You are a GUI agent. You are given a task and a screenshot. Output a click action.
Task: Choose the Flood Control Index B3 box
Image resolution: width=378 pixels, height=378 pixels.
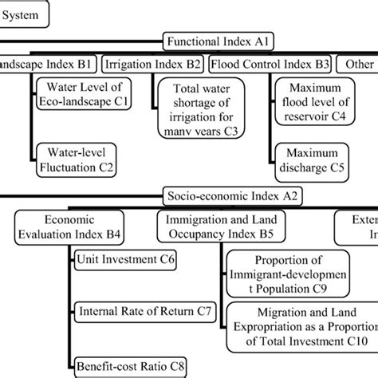(269, 64)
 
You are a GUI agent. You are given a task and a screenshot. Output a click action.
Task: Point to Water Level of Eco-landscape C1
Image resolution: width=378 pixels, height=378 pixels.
(87, 94)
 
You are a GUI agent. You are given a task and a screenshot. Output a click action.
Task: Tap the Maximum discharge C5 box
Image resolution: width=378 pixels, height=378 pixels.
(311, 159)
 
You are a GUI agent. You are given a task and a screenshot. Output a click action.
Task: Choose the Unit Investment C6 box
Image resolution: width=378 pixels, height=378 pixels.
(125, 260)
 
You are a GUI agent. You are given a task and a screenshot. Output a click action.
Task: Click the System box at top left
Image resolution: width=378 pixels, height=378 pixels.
(23, 14)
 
